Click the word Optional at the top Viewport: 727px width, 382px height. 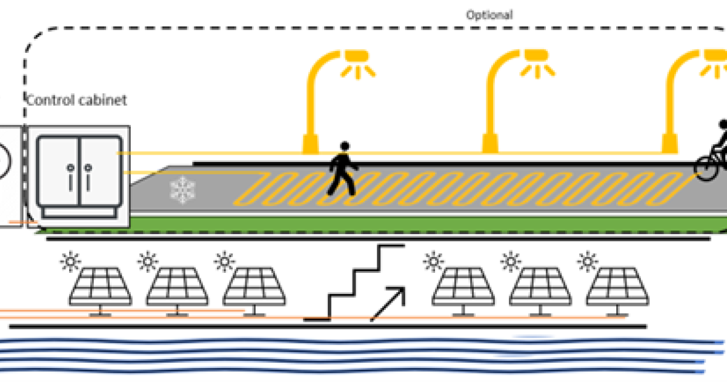489,14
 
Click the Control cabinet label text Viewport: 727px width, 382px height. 78,100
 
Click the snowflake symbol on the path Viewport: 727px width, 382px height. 181,191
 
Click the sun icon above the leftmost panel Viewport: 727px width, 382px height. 70,261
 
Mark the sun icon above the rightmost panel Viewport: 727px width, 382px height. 586,261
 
